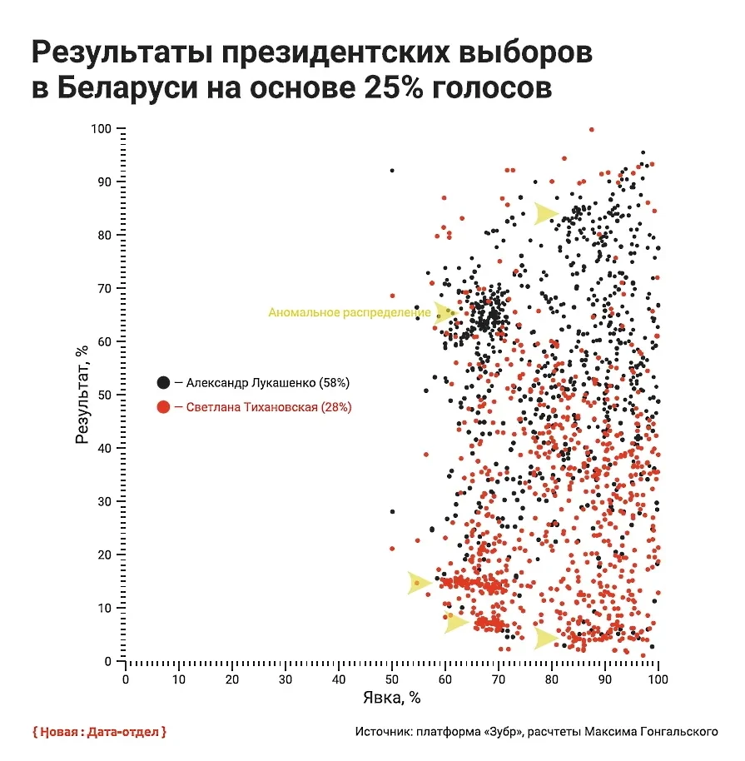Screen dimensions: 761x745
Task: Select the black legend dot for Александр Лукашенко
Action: (x=163, y=383)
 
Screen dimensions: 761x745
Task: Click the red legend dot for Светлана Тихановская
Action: (x=163, y=407)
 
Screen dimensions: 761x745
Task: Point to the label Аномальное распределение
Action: (x=349, y=313)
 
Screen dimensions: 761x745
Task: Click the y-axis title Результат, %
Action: (x=83, y=395)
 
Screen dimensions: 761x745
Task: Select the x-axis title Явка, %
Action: (x=391, y=697)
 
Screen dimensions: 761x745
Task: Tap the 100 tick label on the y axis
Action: (x=102, y=129)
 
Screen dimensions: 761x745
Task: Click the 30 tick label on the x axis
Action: (x=286, y=678)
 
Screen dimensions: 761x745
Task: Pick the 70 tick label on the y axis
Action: (x=105, y=288)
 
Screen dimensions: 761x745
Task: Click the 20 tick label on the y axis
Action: (x=105, y=555)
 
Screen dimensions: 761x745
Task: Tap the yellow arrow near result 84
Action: (x=545, y=213)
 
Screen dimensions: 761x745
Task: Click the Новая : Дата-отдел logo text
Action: (x=99, y=732)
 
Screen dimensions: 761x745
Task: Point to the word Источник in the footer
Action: (x=383, y=732)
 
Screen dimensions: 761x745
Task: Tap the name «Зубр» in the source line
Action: (x=499, y=732)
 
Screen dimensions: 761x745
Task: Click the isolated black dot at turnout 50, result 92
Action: (x=392, y=171)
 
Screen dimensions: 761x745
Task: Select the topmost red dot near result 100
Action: (x=591, y=130)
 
